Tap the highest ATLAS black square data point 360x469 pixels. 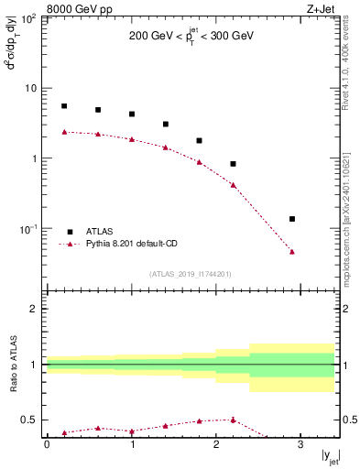tap(64, 106)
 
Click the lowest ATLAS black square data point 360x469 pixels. tap(292, 219)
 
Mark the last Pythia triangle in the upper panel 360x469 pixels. tap(292, 251)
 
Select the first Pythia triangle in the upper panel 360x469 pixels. tap(64, 132)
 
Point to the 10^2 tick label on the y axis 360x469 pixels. tap(28, 18)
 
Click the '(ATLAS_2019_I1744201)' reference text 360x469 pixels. tap(191, 273)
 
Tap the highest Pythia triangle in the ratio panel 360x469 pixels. tap(234, 420)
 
